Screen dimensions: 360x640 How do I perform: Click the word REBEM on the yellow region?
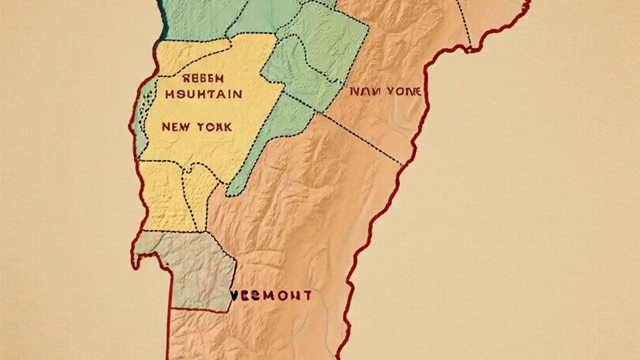[203, 78]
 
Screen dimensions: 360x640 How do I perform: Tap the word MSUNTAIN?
[203, 94]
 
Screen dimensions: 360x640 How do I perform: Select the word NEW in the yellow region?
[175, 127]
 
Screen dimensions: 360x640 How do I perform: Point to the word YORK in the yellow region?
[214, 127]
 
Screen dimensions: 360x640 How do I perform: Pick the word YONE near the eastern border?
[403, 91]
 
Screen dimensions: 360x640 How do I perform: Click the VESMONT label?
[271, 295]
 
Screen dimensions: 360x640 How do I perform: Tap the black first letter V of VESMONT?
[234, 295]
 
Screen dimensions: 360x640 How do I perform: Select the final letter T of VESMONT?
[308, 295]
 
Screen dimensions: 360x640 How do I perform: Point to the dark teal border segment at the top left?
[161, 20]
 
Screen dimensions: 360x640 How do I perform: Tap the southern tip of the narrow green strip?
[231, 192]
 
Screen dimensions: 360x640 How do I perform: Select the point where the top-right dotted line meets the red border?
[470, 48]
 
